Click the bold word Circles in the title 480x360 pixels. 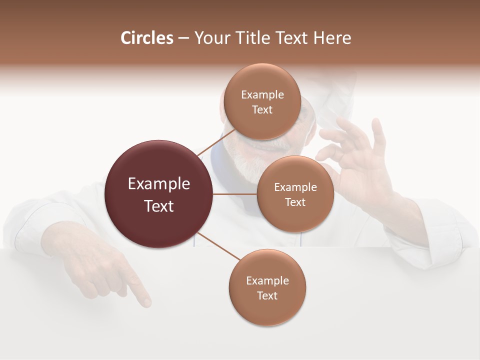(147, 38)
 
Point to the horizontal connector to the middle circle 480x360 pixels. (235, 194)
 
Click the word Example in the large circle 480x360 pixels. (158, 184)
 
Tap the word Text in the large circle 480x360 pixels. (158, 206)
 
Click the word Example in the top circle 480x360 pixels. (262, 95)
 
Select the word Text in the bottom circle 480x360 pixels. (267, 296)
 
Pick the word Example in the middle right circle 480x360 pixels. (295, 187)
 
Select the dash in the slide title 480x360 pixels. (183, 38)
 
